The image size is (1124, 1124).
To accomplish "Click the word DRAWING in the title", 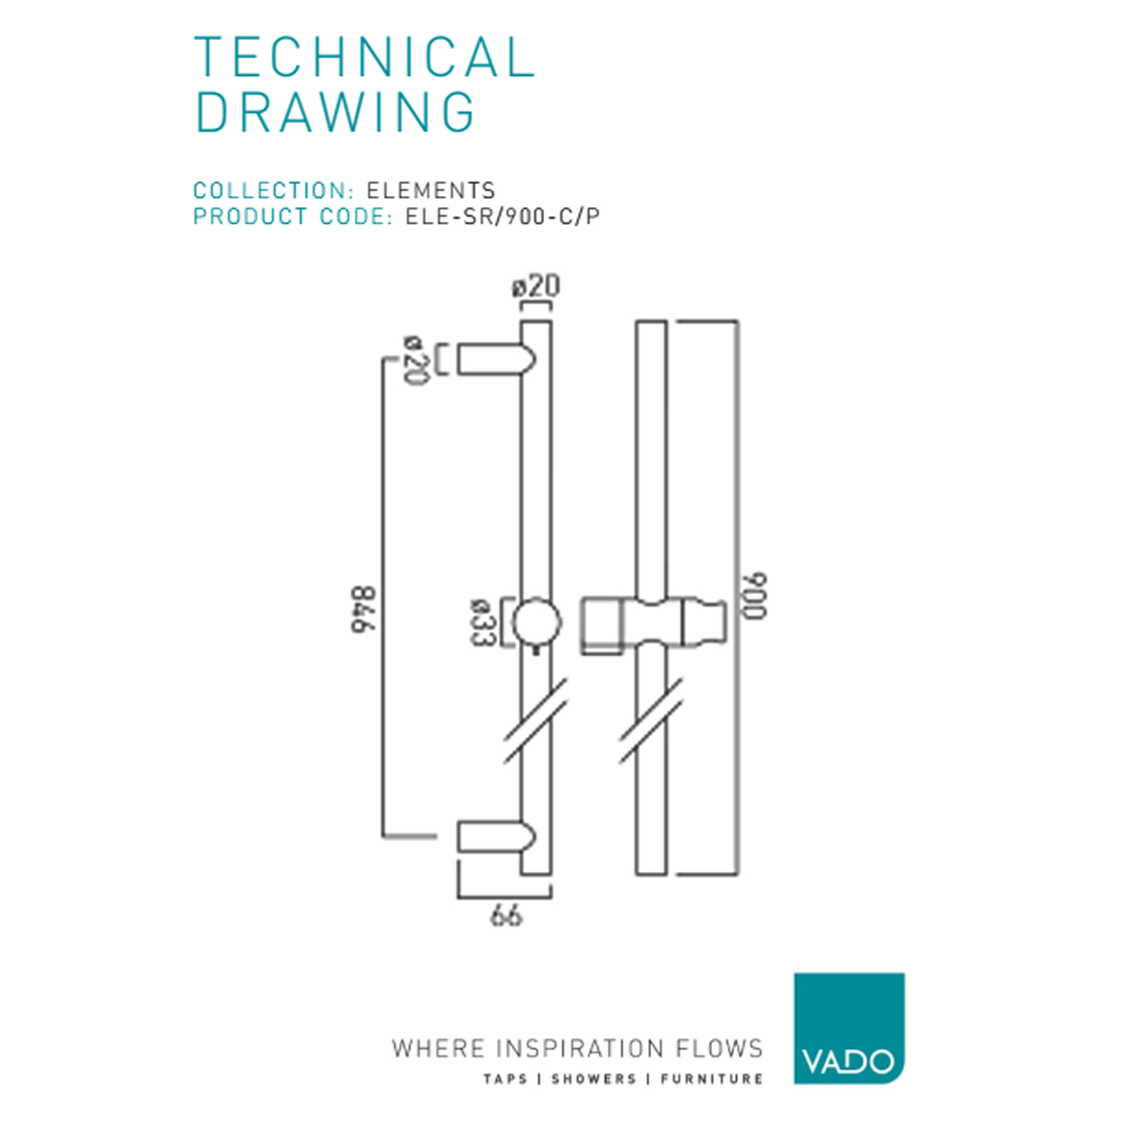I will [336, 112].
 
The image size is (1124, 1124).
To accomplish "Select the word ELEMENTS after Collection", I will [431, 191].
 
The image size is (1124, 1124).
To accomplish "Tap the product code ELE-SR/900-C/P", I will [503, 217].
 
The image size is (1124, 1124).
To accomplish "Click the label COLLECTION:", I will [274, 191].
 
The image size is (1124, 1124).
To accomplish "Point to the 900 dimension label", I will [754, 596].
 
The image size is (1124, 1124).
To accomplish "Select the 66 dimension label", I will [506, 915].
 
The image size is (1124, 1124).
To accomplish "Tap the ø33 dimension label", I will [481, 622].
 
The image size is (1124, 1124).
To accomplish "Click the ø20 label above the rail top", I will [536, 287].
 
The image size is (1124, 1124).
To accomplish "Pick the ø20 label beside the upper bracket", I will [413, 360].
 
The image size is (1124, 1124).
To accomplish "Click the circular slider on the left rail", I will [536, 622].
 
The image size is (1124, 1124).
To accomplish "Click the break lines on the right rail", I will [651, 720].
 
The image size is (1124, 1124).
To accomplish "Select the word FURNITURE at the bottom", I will [711, 1079].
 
